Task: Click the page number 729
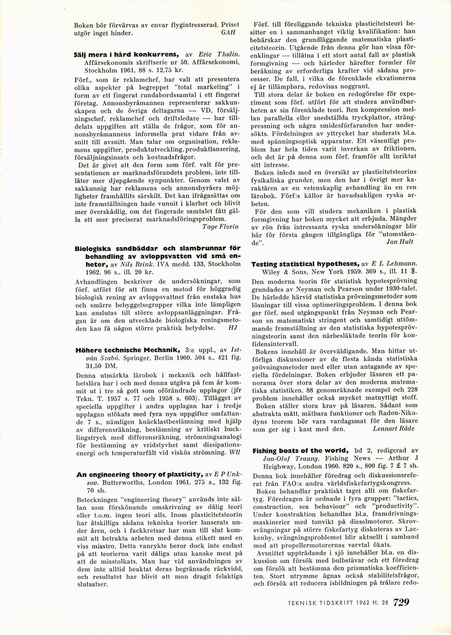click(401, 603)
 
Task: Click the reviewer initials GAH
click(228, 32)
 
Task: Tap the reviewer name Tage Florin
click(221, 226)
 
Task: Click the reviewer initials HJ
click(232, 327)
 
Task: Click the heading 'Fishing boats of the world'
click(300, 450)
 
